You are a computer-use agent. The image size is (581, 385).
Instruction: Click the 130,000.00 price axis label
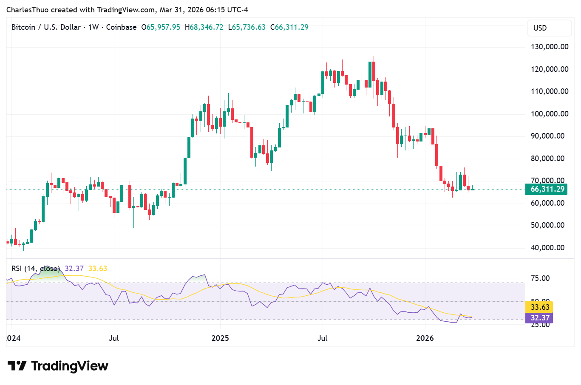click(x=550, y=47)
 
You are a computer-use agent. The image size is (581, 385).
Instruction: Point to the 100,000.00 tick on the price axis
click(x=550, y=114)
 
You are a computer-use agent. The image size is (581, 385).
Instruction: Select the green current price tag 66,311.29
click(x=547, y=189)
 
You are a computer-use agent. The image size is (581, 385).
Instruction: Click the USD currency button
click(x=540, y=28)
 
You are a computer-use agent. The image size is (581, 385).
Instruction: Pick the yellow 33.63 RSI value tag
click(x=540, y=307)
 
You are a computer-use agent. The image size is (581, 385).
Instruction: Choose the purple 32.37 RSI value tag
click(x=540, y=317)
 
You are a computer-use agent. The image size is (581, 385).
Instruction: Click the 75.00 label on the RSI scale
click(x=540, y=278)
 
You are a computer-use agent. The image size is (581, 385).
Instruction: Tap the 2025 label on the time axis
click(x=220, y=338)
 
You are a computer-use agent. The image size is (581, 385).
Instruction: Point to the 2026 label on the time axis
click(x=425, y=338)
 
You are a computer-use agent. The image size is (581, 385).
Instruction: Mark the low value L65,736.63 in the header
click(x=247, y=27)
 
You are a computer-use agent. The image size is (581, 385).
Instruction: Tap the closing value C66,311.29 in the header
click(x=289, y=27)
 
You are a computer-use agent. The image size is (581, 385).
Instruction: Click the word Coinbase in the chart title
click(x=121, y=27)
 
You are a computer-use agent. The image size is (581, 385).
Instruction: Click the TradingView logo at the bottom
click(x=58, y=366)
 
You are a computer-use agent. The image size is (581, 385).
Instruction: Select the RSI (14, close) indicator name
click(x=36, y=269)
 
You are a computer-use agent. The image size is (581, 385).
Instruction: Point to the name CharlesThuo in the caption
click(x=27, y=10)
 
